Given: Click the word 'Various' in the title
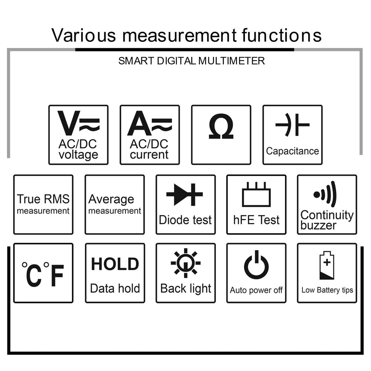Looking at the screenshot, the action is coord(83,35).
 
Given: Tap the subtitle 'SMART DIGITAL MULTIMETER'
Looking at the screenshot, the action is coord(191,61).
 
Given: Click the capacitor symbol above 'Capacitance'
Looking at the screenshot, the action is coord(292,125).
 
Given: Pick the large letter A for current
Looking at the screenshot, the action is coord(139,123).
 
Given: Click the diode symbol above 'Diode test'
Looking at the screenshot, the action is coord(184,194).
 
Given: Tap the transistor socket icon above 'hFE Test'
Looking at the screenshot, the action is coord(256,194).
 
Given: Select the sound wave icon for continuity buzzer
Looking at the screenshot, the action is coord(325,194).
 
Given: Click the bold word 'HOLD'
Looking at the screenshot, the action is coord(115,264).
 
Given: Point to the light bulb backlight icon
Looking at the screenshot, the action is coord(186,263).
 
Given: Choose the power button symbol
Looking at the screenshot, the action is coord(256,265).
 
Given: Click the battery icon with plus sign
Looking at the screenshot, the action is coord(327,266).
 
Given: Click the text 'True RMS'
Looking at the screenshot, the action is coord(43,199).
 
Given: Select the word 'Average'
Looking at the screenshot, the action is coord(111,200).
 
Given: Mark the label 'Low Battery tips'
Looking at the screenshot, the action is coord(327,290).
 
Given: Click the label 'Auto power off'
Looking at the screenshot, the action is coord(256,290).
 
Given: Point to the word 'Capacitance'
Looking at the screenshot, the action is coord(292,151).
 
